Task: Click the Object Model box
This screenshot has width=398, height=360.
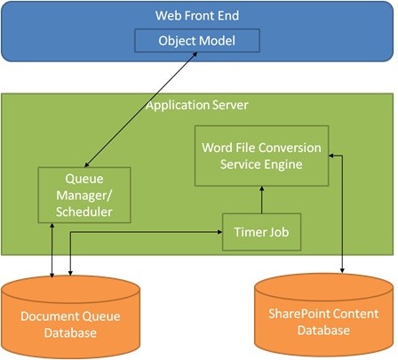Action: pos(196,41)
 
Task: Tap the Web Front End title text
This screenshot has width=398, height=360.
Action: pos(196,15)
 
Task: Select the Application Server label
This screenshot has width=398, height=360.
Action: pos(196,105)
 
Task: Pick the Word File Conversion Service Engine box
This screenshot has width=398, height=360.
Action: pos(260,155)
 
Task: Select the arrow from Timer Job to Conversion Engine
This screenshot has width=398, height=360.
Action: pos(260,199)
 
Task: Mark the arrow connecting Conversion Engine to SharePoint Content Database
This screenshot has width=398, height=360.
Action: pos(343,213)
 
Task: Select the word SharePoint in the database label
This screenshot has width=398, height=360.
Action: pos(298,316)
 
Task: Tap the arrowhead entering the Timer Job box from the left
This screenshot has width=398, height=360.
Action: pos(219,232)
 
